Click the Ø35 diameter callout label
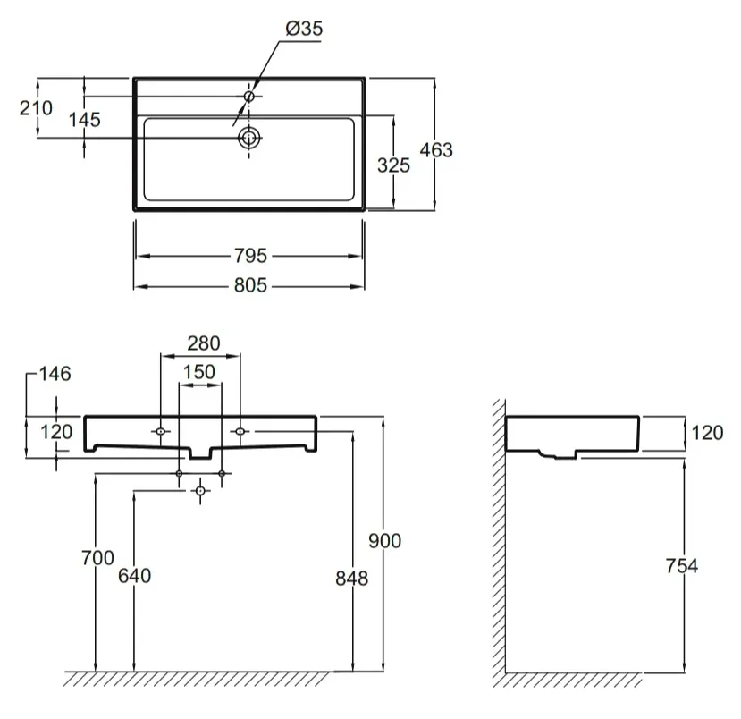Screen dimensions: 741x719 (x=304, y=29)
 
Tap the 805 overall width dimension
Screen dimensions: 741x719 (x=250, y=285)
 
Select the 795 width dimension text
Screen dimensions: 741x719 (x=250, y=256)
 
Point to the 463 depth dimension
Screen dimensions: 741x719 (x=436, y=150)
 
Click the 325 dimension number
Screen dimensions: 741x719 (x=393, y=165)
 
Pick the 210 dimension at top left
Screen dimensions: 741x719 (x=36, y=108)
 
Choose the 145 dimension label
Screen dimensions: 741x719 (x=85, y=120)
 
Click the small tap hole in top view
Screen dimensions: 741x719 (x=249, y=97)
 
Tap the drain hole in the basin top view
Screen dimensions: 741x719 (x=249, y=138)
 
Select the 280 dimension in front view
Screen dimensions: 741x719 (x=204, y=343)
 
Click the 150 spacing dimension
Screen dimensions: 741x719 (x=199, y=372)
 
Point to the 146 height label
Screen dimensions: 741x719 (x=55, y=374)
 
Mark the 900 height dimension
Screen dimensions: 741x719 (x=384, y=541)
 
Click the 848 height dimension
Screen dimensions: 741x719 (x=351, y=579)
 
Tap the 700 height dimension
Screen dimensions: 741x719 (x=97, y=558)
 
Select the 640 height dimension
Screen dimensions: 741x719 (x=135, y=576)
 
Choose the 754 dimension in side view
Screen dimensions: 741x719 (x=681, y=566)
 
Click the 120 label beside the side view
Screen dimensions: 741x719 (x=707, y=433)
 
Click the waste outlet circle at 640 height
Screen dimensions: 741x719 (x=200, y=491)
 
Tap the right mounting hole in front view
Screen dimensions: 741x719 (x=240, y=431)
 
